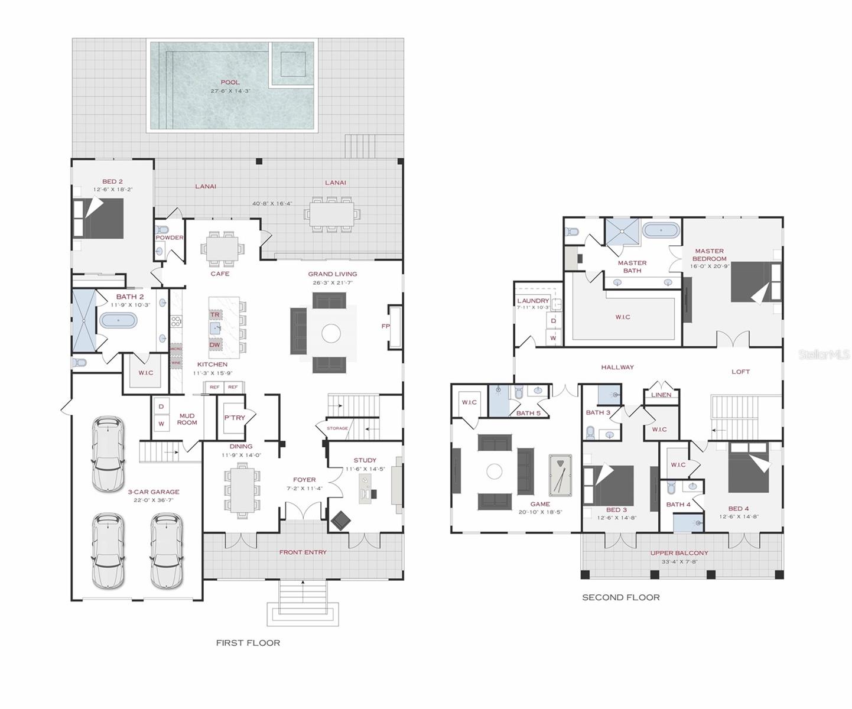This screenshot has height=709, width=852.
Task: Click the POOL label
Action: (x=230, y=82)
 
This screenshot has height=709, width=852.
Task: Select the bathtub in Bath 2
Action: (x=118, y=320)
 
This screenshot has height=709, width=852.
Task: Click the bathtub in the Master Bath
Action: (x=661, y=230)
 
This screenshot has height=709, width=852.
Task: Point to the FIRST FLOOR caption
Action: (x=248, y=642)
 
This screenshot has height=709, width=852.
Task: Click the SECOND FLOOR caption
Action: (x=620, y=597)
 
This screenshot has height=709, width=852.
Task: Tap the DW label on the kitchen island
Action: (x=215, y=344)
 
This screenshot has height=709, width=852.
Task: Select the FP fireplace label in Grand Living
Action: (x=385, y=326)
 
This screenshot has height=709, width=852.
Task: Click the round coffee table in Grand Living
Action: (x=331, y=333)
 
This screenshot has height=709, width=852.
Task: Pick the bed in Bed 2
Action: (x=98, y=218)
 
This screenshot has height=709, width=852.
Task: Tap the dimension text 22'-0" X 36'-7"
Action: (x=153, y=500)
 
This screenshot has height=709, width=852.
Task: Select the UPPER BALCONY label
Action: (x=679, y=553)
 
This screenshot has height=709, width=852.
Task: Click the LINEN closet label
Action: (x=661, y=395)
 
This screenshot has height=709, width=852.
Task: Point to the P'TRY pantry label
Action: (x=234, y=418)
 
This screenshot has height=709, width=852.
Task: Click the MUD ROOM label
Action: (x=187, y=419)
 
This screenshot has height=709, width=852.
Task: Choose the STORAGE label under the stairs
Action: (x=337, y=428)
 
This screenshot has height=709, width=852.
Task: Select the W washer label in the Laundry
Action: (x=553, y=338)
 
